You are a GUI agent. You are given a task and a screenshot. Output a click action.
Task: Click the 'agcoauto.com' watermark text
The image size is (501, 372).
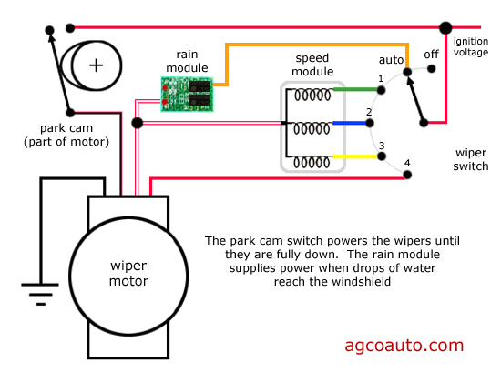coord(404,346)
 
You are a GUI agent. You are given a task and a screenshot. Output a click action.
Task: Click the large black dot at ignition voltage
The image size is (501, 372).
coord(445,28)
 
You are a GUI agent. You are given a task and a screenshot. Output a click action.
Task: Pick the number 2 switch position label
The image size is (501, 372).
coord(370,113)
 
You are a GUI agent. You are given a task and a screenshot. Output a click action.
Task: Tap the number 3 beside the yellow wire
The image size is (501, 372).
coord(382,146)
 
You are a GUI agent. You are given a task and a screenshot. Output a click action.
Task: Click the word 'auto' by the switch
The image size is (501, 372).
coord(391,59)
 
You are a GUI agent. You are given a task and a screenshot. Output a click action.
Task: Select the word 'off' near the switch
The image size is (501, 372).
coord(431,54)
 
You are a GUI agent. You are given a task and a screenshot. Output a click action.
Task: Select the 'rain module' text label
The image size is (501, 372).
coord(186,61)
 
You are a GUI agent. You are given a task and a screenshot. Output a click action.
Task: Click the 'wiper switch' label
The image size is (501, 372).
coord(473,160)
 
